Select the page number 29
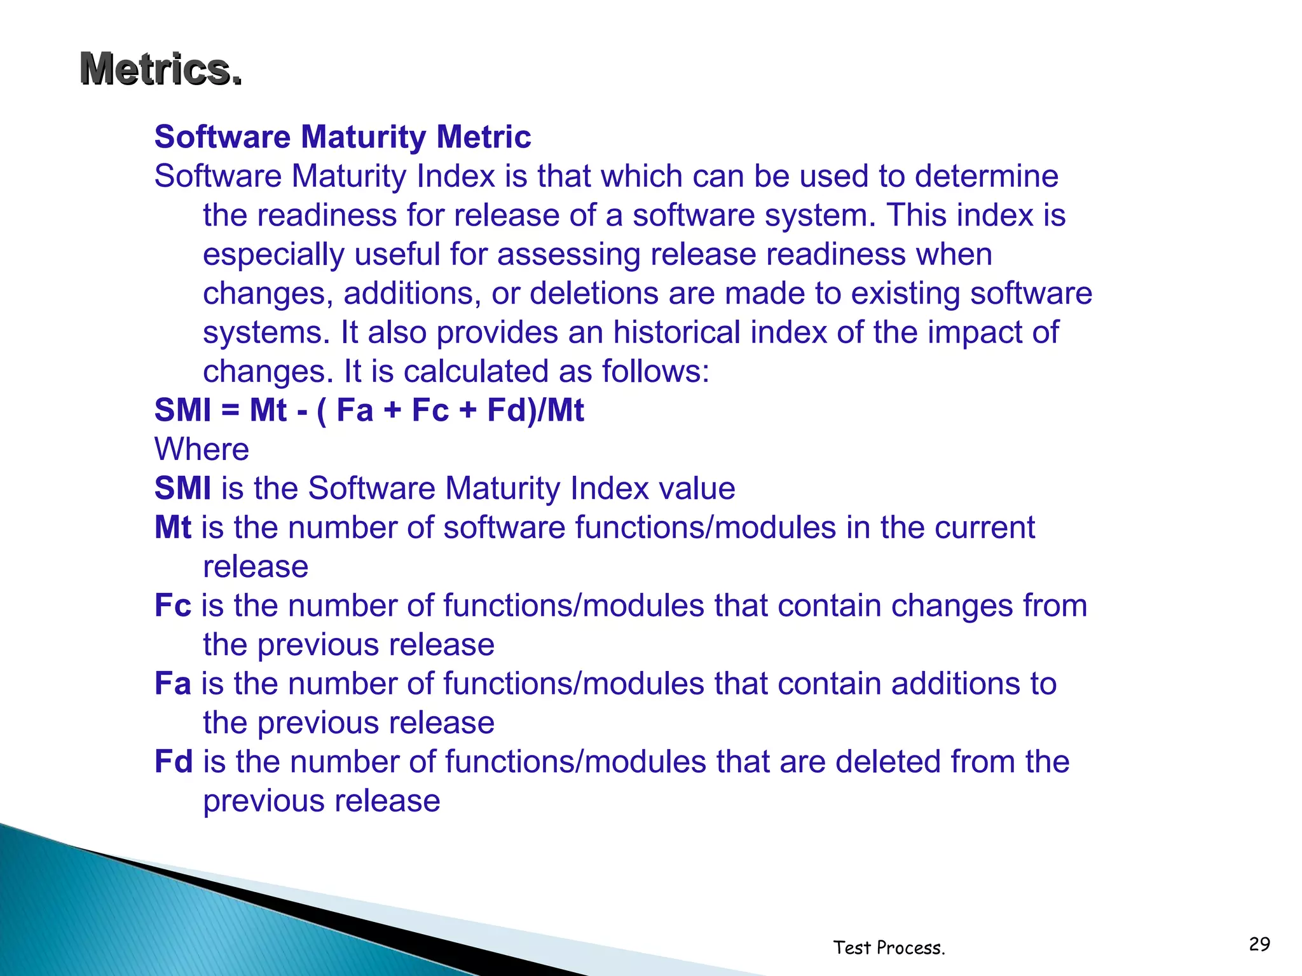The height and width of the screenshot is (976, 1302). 1259,944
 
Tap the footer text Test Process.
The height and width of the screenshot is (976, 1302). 889,948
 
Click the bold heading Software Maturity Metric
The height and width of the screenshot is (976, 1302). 343,137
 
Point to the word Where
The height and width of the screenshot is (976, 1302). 202,450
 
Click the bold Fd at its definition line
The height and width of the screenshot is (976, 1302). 174,762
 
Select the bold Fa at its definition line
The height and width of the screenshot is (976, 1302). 172,684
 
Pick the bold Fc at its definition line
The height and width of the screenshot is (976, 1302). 172,606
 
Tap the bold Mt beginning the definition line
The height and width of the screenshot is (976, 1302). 172,527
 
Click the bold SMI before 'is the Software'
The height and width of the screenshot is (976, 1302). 183,489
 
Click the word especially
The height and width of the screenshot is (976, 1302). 273,255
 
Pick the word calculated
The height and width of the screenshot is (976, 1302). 476,372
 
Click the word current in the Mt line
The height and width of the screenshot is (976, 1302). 984,527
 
